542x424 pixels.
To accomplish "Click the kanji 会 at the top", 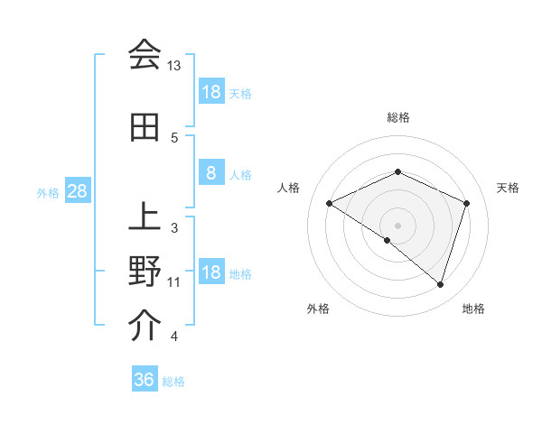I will click(144, 54).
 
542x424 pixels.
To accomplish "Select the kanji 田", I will click(144, 128).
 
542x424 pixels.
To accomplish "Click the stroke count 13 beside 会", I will click(173, 66).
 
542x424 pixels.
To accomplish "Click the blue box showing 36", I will click(145, 380).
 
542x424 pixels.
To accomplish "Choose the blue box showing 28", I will click(77, 191).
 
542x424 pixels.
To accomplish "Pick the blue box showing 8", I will click(210, 174).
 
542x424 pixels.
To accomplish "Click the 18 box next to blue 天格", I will click(210, 92).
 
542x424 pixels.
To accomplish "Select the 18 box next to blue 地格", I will click(210, 273).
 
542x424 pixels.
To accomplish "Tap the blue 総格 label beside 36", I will click(173, 382).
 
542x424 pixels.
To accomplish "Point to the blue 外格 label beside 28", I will click(48, 192).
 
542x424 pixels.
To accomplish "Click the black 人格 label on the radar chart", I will click(289, 188).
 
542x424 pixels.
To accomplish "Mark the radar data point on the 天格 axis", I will click(467, 203).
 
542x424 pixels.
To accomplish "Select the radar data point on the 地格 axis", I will click(440, 284).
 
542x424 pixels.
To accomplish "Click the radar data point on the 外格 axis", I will click(388, 240).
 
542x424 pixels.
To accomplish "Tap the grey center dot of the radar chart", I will click(397, 225).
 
